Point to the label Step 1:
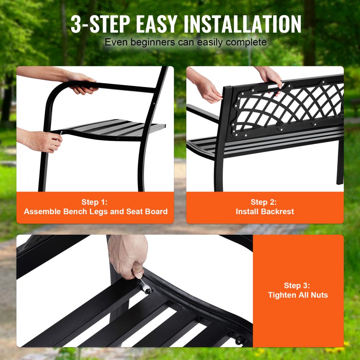tap(95, 202)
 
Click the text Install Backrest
tap(265, 212)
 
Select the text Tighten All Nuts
tap(298, 295)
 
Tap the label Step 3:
tap(297, 285)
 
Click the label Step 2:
tap(264, 202)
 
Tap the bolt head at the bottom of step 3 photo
tap(238, 339)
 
